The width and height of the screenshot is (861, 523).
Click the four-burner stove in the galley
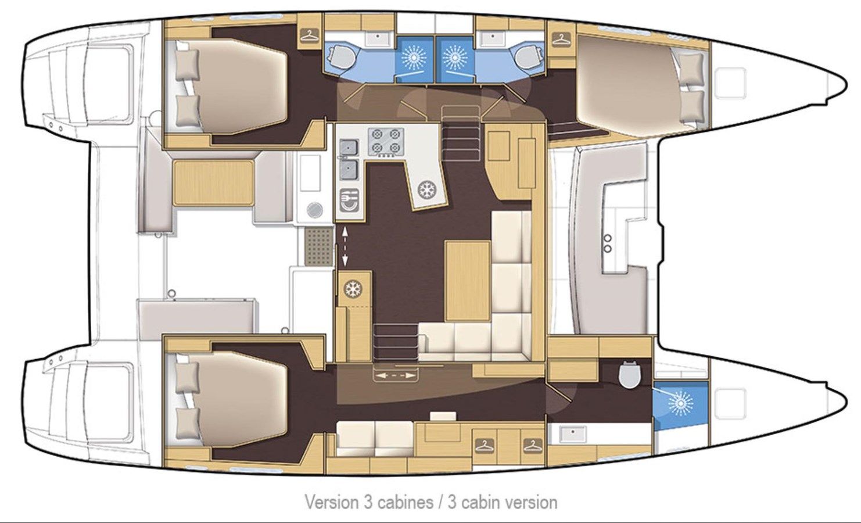coord(386,142)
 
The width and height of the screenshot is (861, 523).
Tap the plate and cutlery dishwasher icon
coord(349,200)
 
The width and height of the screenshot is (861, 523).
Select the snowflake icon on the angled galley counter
coord(425,189)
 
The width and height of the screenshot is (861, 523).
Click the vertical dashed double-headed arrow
coord(345,246)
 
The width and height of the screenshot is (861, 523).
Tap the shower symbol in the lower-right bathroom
coord(681,404)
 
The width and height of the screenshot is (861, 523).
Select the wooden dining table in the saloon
coord(468,281)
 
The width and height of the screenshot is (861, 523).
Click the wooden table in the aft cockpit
coord(214,184)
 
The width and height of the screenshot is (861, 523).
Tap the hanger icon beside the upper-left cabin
coord(310,35)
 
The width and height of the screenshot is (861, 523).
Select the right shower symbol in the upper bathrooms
coord(455,58)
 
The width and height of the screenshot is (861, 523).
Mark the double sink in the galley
coord(349,160)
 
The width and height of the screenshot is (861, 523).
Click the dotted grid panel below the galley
coord(319,246)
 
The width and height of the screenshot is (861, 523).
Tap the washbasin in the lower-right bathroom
coord(573,434)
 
